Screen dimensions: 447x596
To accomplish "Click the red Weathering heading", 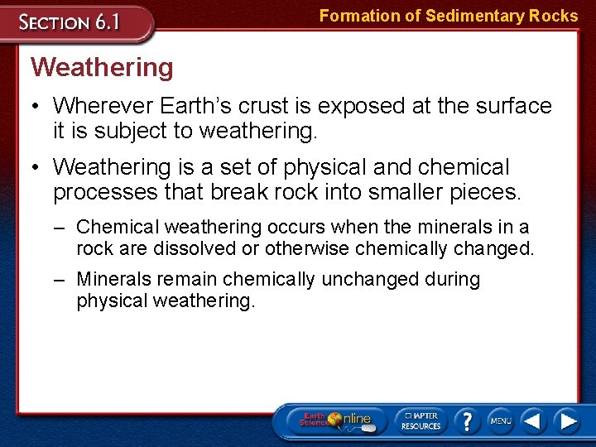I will point(102,67).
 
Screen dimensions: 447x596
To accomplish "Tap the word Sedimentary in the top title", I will point(469,16).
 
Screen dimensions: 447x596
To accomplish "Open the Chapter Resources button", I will point(421,421).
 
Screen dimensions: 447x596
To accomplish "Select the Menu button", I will point(500,421).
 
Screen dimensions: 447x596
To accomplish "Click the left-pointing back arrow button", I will point(534,421).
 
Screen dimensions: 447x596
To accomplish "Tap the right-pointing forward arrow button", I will point(567,421).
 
